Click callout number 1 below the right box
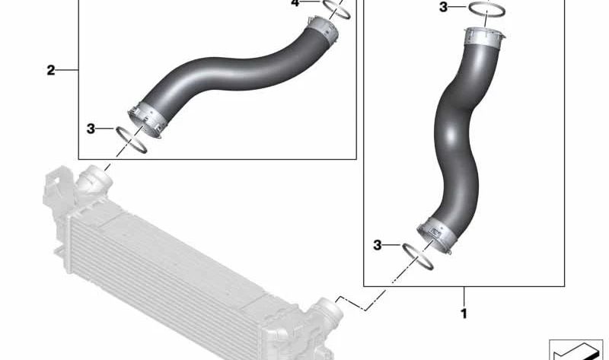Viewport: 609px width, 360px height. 464,313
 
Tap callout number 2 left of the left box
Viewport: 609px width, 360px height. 51,71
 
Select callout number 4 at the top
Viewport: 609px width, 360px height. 296,3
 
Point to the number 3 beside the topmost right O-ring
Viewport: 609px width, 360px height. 444,8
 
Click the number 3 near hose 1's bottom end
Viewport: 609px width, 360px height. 378,245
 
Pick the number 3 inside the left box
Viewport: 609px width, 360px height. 91,129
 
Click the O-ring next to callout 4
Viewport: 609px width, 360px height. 336,8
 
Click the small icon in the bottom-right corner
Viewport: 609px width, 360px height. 576,348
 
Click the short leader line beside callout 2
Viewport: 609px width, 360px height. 68,71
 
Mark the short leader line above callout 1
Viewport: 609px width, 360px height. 464,295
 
